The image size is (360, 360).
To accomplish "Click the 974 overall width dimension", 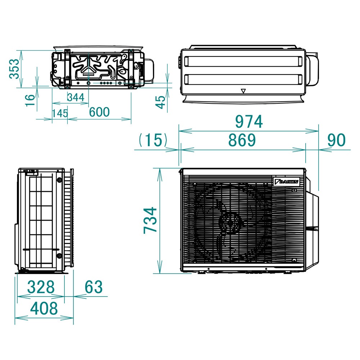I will pos(249,122).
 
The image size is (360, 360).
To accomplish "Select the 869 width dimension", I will pos(242,140).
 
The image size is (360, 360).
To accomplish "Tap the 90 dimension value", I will pos(336,140).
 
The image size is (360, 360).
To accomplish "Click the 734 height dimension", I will pos(150,220).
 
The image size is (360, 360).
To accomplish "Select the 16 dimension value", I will pos(31,99).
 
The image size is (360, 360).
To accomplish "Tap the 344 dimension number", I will pos(76,97).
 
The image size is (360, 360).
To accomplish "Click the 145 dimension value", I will pos(59,113).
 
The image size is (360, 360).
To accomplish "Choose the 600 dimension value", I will pos(99,112).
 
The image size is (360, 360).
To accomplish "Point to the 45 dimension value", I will pos(162,102).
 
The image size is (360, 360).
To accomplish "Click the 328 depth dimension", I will pos(41,287).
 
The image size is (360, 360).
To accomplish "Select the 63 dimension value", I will pos(94,287).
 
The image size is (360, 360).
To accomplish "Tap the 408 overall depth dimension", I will pos(44,309).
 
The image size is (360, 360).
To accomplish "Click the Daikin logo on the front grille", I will pos(286,182).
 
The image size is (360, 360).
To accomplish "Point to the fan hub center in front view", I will pos(230,223).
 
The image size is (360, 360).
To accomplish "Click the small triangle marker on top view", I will pos(243,91).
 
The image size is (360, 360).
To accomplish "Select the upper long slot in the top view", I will pos(243,61).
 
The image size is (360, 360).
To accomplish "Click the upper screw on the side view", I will pos(59,180).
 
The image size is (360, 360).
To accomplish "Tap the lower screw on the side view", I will pos(59,256).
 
